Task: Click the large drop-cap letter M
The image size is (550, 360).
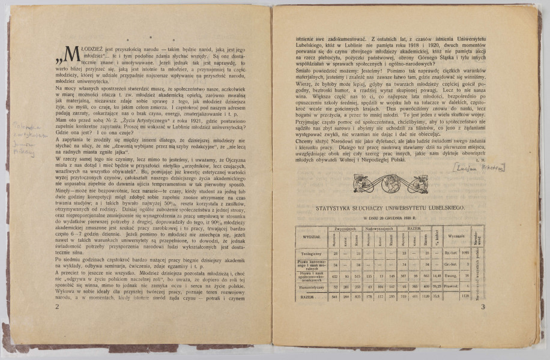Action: click(71, 55)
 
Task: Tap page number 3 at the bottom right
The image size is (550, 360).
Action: click(483, 307)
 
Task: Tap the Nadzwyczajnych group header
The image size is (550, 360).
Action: click(378, 229)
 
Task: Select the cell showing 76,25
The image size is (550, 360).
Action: click(435, 286)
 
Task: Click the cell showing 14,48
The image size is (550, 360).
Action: click(435, 275)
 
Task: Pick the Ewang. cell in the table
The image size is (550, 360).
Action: click(450, 275)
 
